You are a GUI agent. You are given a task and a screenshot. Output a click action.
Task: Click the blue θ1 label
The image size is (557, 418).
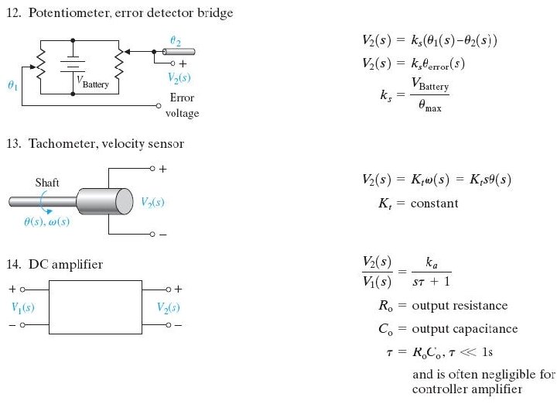[x=11, y=87]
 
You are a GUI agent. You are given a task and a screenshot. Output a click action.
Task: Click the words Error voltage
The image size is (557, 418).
[x=182, y=105]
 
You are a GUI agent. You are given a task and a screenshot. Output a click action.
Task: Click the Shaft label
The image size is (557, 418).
[x=47, y=183]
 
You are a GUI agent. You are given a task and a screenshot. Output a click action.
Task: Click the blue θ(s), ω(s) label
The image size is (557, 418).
[x=47, y=221]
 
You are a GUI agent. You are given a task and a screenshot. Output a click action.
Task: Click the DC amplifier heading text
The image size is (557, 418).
[x=65, y=265]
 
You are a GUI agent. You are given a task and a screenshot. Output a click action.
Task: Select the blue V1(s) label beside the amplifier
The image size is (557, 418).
[x=23, y=307]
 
